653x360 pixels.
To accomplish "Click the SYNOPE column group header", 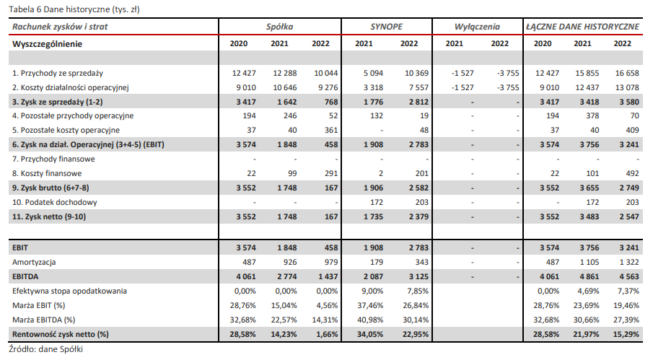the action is (x=387, y=27).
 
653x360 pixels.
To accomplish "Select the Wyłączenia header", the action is (x=477, y=27).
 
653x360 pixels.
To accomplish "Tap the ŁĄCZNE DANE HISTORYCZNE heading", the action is (x=582, y=27).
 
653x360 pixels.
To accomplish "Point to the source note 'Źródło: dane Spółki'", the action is (x=45, y=349).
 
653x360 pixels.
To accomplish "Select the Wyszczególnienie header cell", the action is (x=47, y=44).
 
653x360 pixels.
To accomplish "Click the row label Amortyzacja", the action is (x=34, y=262).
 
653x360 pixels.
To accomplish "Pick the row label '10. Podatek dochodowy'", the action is (x=55, y=202).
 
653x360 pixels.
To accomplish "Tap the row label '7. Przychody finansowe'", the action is (x=53, y=159).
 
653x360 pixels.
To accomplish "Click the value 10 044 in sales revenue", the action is (x=325, y=73).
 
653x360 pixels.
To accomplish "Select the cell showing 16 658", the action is (x=627, y=73).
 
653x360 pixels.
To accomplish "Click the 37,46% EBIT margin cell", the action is (x=370, y=305).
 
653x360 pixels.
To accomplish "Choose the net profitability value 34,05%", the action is (x=370, y=334).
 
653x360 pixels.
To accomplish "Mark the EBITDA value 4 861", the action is (x=590, y=276).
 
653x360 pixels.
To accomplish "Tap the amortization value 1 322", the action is (x=629, y=262).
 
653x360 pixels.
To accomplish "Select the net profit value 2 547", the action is (x=629, y=216).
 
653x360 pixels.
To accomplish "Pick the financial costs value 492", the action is (x=632, y=173).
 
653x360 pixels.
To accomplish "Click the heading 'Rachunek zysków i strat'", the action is (x=60, y=27).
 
